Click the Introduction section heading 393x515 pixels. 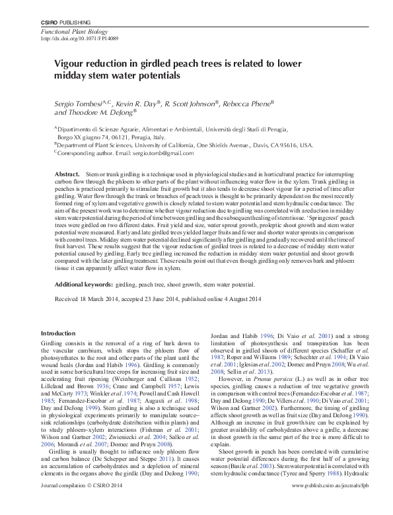coord(58,333)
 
